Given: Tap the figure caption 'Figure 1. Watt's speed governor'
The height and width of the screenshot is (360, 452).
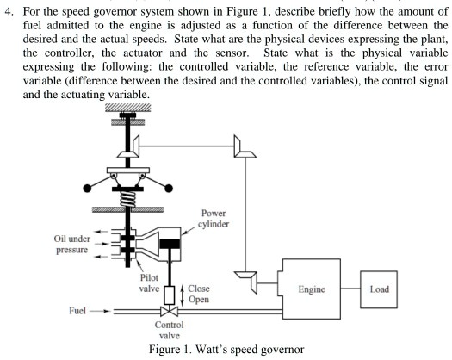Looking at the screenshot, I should point(225,353).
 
